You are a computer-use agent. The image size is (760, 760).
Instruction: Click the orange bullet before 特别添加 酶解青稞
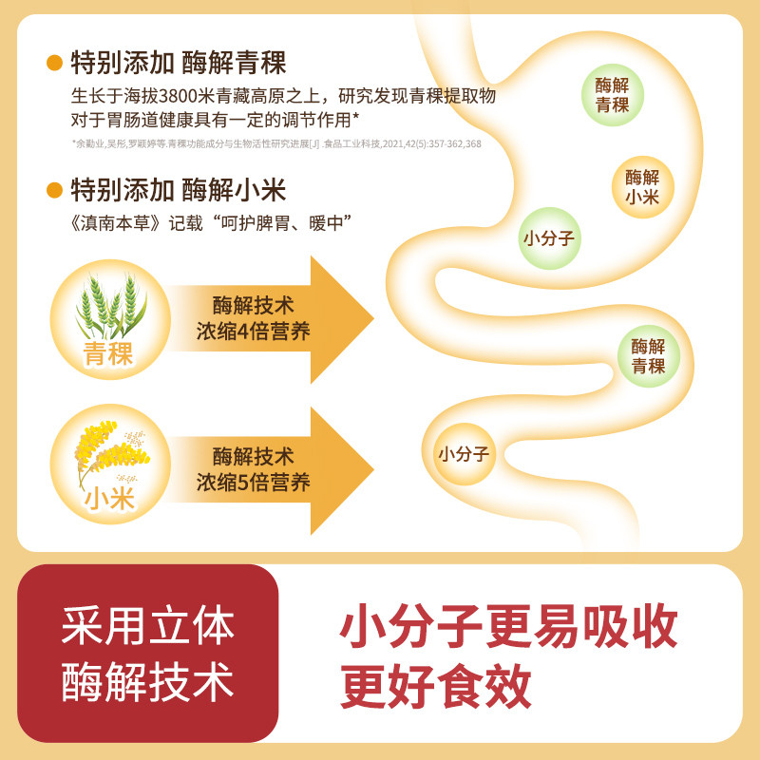click(x=54, y=63)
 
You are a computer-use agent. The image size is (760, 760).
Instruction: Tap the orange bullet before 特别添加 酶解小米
click(x=54, y=190)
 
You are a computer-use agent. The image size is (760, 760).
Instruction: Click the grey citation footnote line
click(x=276, y=144)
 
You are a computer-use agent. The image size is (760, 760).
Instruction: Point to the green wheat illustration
click(x=110, y=306)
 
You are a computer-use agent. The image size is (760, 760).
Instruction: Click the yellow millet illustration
click(x=111, y=450)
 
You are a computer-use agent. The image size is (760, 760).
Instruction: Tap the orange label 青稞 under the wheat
click(x=108, y=353)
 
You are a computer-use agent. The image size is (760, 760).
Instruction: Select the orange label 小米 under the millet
click(x=109, y=498)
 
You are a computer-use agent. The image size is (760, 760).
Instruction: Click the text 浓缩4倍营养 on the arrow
click(x=253, y=332)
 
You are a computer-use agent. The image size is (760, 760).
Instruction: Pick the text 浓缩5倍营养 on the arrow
click(x=253, y=483)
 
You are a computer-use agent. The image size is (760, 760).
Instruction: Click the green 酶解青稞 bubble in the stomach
click(x=613, y=95)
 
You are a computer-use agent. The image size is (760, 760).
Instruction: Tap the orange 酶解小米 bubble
click(x=643, y=187)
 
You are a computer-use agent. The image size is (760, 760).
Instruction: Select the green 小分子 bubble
click(x=550, y=238)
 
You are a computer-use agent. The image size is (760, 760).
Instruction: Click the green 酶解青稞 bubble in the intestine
click(x=649, y=356)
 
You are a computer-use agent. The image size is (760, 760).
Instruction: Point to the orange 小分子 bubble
click(x=465, y=454)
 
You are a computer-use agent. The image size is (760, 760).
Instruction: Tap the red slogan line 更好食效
click(x=436, y=686)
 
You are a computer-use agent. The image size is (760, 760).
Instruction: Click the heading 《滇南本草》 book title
click(x=115, y=223)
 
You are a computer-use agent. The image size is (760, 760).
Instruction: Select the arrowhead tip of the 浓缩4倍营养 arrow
click(x=373, y=319)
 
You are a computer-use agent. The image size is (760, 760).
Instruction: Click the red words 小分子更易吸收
click(x=509, y=626)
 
